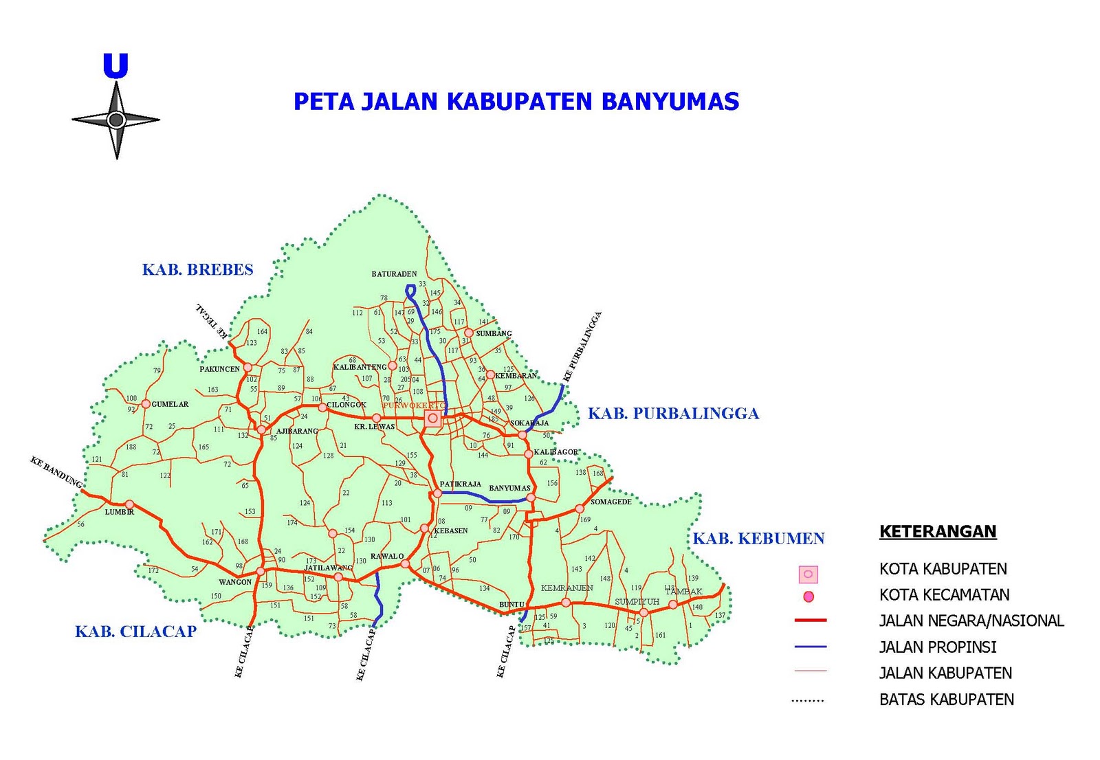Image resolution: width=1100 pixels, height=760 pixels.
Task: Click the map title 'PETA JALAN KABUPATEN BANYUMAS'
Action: point(516,102)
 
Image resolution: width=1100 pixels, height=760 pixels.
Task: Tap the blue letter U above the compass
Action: point(115,66)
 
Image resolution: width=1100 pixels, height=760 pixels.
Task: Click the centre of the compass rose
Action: point(116,120)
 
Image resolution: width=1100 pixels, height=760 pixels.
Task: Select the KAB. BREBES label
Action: point(197,269)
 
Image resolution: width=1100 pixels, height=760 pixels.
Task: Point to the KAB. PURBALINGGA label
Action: point(673,414)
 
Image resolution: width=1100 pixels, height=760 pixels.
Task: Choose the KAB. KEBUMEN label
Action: point(758,539)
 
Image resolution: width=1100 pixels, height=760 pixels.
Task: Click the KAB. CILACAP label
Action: point(135,632)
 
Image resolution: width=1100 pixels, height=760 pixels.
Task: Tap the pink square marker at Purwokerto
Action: point(432,418)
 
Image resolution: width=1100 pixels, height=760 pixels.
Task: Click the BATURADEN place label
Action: point(394,274)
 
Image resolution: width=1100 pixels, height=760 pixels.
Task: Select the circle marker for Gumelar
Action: point(146,404)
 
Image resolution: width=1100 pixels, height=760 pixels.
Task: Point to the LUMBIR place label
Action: point(119,512)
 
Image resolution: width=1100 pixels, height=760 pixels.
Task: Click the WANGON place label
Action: point(235,582)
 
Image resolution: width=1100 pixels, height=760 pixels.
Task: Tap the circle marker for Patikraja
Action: point(437,493)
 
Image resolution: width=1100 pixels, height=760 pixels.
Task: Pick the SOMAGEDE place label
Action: point(610,502)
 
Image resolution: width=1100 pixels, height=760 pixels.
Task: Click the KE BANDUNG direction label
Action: point(56,472)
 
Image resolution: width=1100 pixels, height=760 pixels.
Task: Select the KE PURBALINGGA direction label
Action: point(582,346)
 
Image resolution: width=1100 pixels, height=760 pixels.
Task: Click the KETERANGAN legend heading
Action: point(938,531)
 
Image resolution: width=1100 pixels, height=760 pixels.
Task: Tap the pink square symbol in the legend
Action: point(808,574)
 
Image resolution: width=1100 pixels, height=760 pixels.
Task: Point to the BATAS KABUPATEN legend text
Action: point(947,700)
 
